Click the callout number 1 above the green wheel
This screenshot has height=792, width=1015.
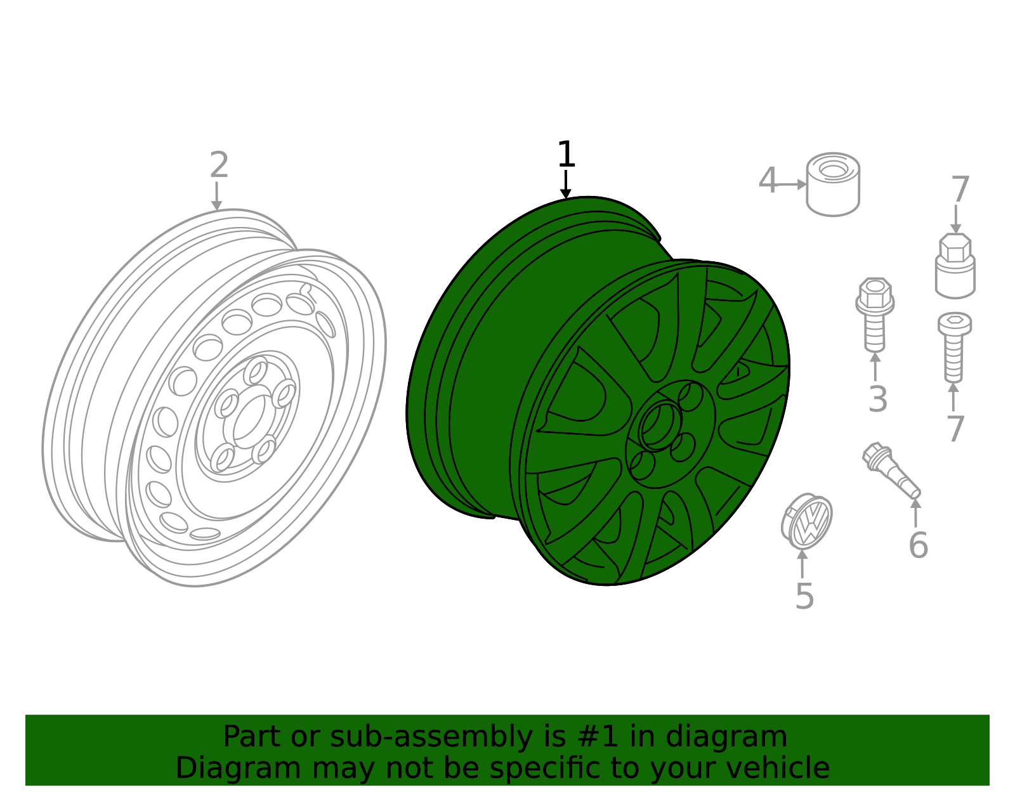(566, 155)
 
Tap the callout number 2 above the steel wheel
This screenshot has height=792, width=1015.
(219, 166)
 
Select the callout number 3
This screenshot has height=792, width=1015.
(877, 399)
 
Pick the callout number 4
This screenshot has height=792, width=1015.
(768, 181)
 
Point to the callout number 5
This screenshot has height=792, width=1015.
(804, 597)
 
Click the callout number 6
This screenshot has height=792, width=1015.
(918, 545)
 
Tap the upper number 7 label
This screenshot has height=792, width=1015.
(960, 190)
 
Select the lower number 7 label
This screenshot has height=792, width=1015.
(955, 429)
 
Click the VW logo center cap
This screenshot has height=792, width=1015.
(807, 521)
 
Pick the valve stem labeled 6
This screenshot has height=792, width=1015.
(891, 470)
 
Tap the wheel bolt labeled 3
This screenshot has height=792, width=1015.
(875, 313)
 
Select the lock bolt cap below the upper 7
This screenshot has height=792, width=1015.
(955, 266)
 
